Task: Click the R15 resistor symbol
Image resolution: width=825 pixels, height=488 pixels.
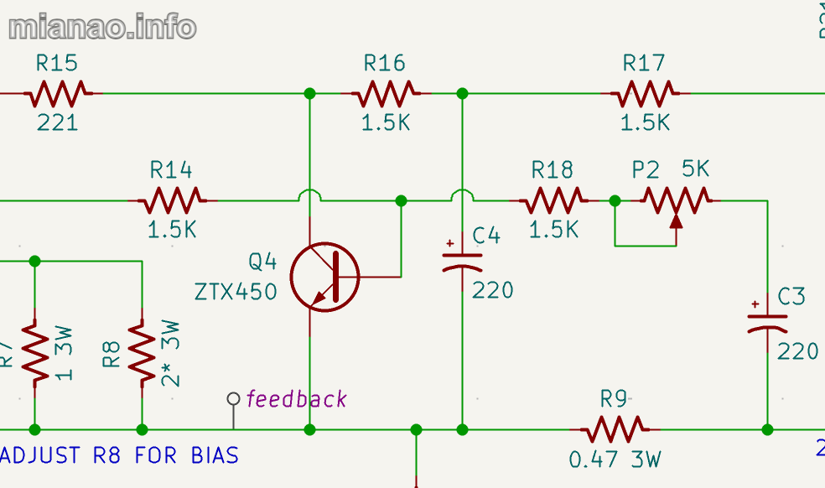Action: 57,93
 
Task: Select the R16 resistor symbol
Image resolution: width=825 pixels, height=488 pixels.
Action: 385,93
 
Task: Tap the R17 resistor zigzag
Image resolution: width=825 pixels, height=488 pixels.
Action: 644,93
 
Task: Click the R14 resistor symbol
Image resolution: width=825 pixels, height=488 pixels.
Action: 171,200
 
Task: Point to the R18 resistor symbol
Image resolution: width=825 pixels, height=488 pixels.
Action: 553,200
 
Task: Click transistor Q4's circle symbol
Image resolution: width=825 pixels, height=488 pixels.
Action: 324,276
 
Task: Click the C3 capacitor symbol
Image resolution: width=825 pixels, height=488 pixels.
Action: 767,323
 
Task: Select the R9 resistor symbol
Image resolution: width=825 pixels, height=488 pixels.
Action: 614,429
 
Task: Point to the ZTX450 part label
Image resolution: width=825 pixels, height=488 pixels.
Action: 236,292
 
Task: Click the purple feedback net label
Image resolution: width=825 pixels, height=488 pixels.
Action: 296,399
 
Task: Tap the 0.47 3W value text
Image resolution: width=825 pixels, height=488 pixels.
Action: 615,459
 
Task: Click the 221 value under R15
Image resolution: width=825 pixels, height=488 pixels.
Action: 57,122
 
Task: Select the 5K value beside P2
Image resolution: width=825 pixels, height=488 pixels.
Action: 695,169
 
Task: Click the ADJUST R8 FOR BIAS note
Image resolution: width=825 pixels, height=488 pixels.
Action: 121,455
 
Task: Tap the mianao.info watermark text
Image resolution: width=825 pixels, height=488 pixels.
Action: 102,27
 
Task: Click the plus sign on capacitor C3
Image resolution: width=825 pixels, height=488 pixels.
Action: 756,304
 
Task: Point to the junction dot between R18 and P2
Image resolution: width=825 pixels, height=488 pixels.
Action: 615,200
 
